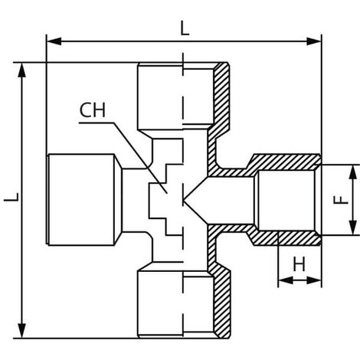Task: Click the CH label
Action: [x=93, y=110]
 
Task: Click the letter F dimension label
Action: [x=341, y=200]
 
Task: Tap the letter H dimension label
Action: [x=299, y=264]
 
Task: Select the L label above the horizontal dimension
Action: [x=185, y=28]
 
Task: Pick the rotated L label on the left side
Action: [x=11, y=197]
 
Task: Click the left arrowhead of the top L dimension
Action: [x=54, y=41]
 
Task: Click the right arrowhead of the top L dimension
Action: [x=314, y=41]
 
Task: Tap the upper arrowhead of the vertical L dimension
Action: [x=22, y=70]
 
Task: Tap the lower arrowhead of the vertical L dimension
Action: [x=22, y=331]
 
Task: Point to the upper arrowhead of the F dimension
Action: [x=352, y=172]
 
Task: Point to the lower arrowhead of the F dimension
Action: [x=352, y=227]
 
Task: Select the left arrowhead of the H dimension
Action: [x=286, y=280]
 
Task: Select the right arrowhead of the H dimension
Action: [x=314, y=280]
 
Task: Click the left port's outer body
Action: [x=81, y=200]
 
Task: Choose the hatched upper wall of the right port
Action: [x=283, y=162]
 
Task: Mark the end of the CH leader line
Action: [x=167, y=193]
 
